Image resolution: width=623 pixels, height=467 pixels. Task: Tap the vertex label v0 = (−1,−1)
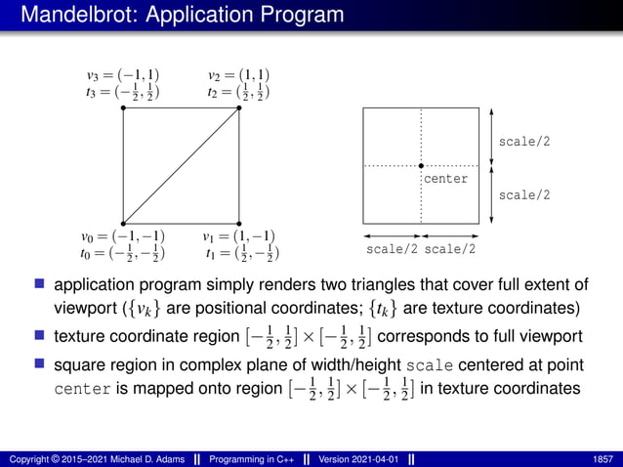coord(123,236)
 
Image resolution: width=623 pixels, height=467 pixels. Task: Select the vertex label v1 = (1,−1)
coord(239,236)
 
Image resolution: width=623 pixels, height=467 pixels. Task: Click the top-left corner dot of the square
coord(123,107)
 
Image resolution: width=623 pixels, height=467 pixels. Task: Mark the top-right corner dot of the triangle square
coord(239,107)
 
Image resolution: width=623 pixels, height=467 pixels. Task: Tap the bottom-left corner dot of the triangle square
coord(123,224)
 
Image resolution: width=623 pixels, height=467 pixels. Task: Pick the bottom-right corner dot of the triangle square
coord(239,224)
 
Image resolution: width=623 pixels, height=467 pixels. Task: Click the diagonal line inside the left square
coord(181,166)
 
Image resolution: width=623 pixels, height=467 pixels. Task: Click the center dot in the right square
coord(421,166)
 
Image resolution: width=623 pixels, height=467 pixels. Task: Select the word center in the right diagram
coord(445,180)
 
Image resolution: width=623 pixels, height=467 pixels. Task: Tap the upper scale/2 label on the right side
coord(524,142)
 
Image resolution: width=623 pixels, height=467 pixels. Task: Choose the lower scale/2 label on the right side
coord(524,195)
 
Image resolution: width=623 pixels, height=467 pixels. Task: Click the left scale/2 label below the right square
coord(392,249)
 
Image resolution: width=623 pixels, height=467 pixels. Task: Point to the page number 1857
coord(602,457)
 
